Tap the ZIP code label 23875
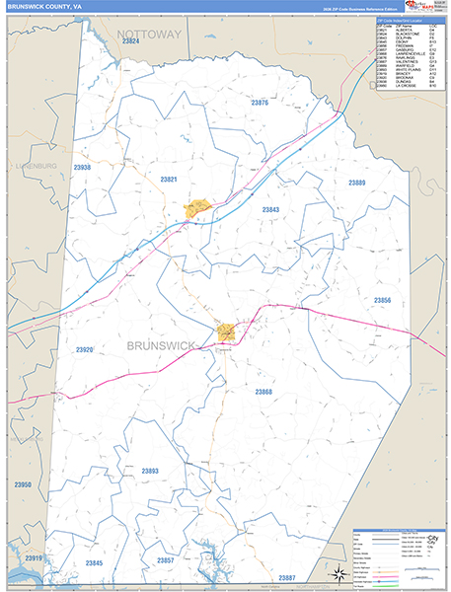click(x=260, y=103)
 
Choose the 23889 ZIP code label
click(x=356, y=184)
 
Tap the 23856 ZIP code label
click(x=382, y=300)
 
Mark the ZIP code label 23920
click(x=84, y=350)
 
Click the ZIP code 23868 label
click(x=263, y=392)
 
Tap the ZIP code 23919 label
click(x=35, y=558)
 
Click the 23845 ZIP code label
click(x=94, y=562)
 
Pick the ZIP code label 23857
click(x=165, y=560)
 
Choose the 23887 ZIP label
click(x=286, y=577)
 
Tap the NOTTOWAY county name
click(x=150, y=35)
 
